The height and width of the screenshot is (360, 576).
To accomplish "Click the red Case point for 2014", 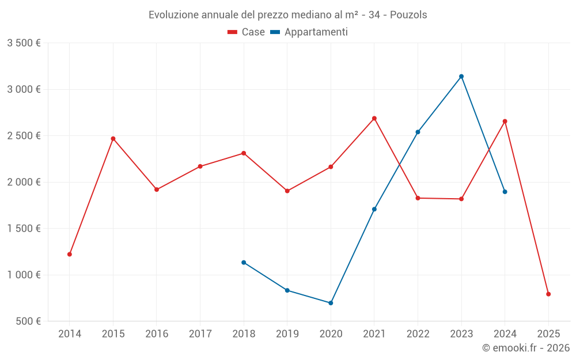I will [70, 254].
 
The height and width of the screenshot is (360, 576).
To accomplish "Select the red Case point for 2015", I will [113, 138].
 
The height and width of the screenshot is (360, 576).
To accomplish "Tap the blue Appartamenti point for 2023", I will [461, 76].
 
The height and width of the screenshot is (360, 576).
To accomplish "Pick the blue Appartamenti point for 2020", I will [331, 303].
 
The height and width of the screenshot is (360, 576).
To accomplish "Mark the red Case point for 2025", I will [548, 294].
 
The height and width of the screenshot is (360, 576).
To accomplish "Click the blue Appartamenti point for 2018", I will [244, 262].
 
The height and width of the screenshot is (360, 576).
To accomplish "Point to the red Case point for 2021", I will [374, 118].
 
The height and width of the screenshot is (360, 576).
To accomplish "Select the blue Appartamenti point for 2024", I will [505, 192].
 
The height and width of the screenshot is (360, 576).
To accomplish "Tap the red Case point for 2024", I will [505, 121].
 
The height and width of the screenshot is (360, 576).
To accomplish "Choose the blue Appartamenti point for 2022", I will [418, 132].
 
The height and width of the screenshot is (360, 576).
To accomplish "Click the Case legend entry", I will [247, 32].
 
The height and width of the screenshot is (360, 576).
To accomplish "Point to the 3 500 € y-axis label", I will [24, 43].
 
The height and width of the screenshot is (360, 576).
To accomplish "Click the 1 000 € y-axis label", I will [24, 275].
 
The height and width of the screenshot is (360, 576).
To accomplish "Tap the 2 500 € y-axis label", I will [24, 136].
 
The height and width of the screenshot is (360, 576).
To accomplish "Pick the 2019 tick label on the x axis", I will [287, 334].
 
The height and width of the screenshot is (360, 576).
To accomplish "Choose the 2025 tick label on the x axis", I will [548, 334].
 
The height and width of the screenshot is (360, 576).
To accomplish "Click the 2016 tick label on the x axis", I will [157, 334].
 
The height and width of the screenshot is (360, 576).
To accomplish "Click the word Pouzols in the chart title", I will [408, 15].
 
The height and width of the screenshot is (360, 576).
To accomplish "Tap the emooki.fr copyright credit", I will [525, 348].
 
